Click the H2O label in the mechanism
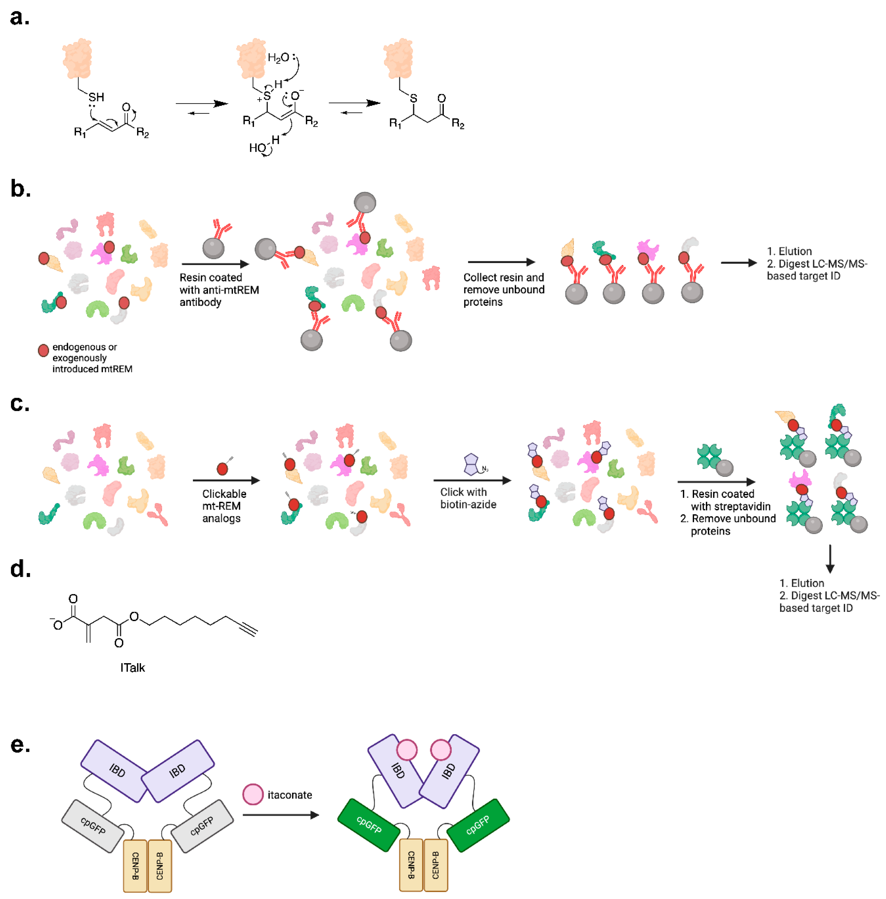click(278, 58)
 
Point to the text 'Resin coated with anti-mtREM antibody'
click(219, 290)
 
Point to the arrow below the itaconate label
click(281, 815)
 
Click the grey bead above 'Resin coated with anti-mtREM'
click(213, 248)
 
